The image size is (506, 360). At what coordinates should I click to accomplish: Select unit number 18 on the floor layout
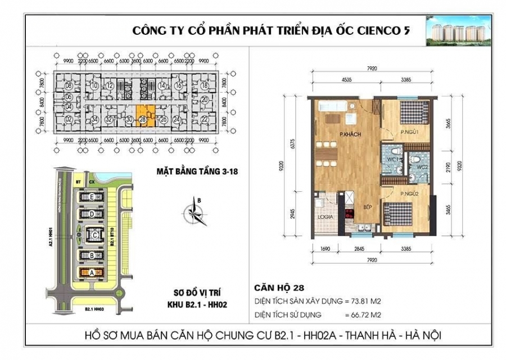click(205, 85)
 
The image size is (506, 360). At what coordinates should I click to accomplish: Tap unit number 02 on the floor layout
click(68, 119)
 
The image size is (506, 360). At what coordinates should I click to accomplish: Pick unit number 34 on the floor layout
click(95, 119)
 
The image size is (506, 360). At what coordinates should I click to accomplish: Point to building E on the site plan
click(92, 197)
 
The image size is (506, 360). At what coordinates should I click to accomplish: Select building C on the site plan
click(94, 234)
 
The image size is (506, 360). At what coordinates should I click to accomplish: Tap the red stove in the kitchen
click(349, 214)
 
